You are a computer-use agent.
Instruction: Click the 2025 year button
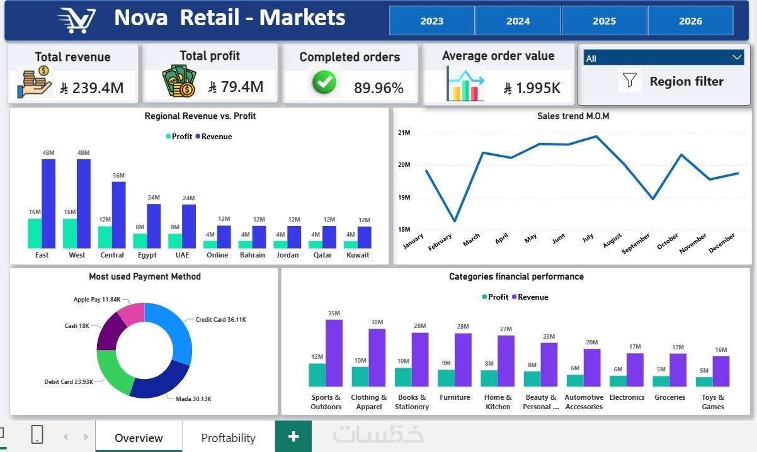click(x=604, y=21)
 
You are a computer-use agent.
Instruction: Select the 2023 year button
click(x=432, y=21)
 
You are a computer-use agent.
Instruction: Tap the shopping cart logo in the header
click(x=77, y=20)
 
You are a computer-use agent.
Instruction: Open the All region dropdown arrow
click(x=737, y=57)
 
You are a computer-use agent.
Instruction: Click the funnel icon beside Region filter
click(x=630, y=81)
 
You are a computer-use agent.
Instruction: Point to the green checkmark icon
click(x=324, y=82)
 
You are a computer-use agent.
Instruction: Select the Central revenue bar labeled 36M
click(x=118, y=215)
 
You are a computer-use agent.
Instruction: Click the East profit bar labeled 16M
click(x=35, y=234)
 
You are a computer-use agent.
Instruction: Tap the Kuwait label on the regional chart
click(x=358, y=255)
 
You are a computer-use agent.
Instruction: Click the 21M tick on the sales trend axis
click(x=404, y=132)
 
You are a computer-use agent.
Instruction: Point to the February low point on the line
click(x=455, y=221)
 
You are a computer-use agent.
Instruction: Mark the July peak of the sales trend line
click(x=596, y=137)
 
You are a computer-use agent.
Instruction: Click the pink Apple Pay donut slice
click(x=132, y=313)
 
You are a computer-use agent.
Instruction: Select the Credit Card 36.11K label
click(x=220, y=320)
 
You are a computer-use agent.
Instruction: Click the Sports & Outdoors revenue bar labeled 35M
click(x=334, y=353)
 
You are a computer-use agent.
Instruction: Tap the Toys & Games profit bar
click(x=704, y=381)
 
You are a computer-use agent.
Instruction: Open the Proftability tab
click(x=229, y=438)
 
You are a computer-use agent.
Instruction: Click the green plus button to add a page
click(x=293, y=436)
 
